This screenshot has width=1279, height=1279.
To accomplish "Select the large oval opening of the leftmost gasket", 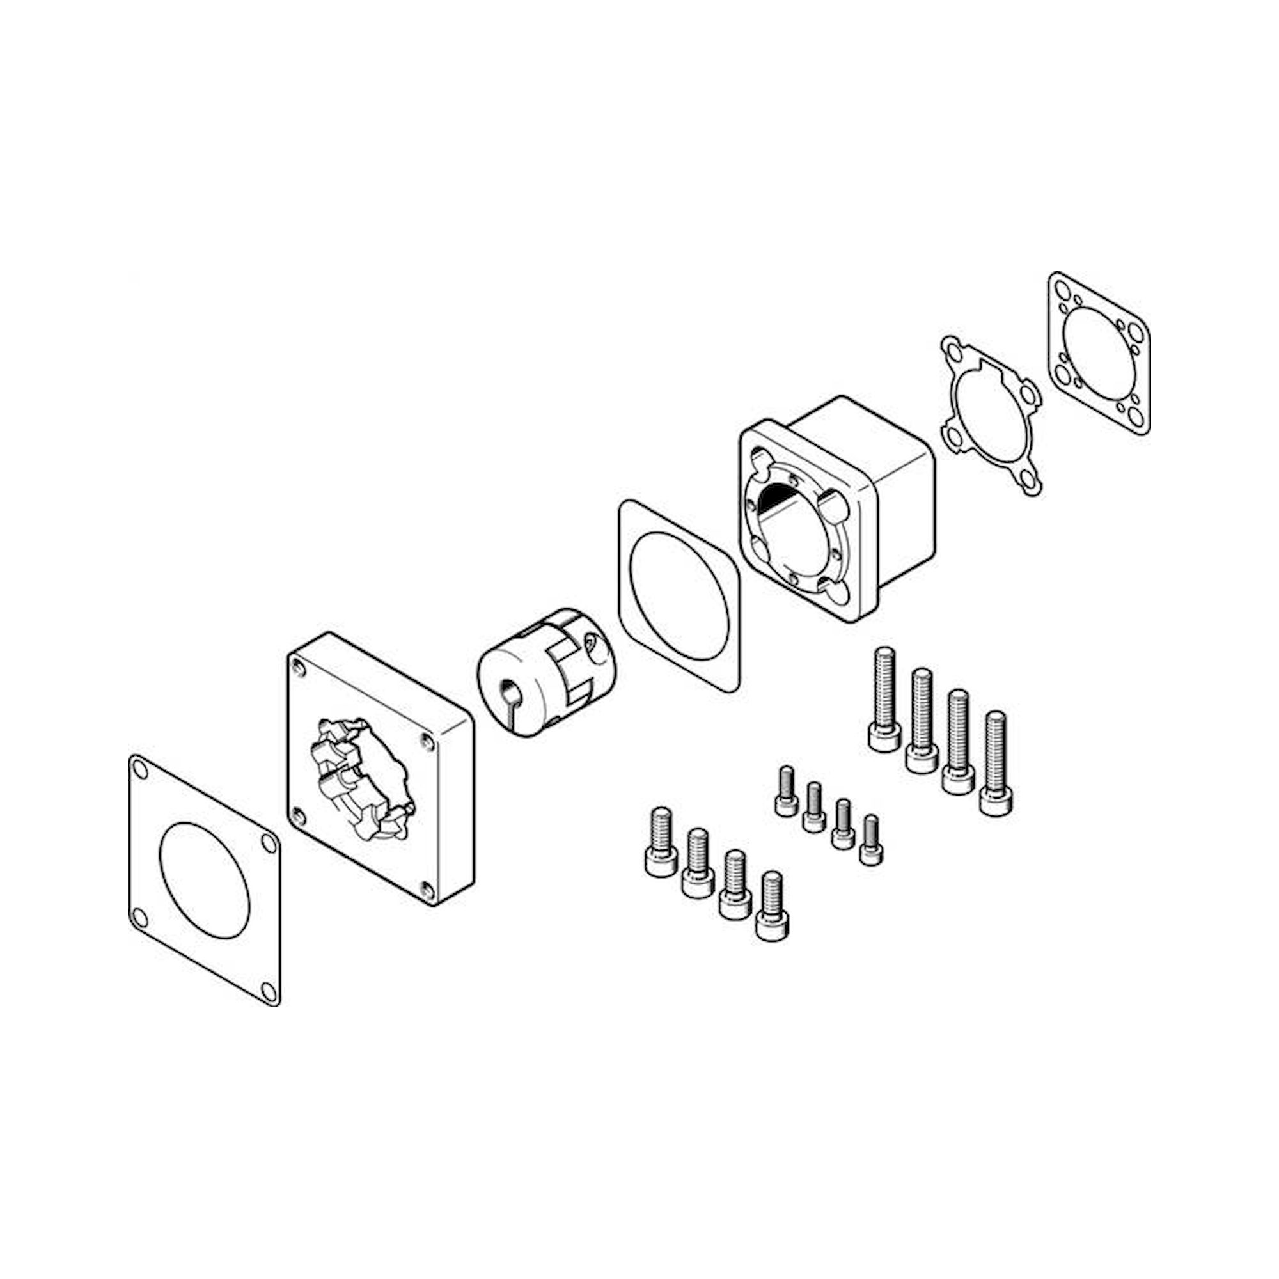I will (205, 880).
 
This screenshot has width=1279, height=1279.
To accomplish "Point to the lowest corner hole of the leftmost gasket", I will (268, 991).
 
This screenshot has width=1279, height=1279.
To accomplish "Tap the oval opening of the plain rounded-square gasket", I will (679, 595).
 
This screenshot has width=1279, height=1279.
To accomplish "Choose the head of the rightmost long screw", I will (996, 801).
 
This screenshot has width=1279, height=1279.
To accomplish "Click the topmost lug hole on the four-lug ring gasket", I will (951, 346).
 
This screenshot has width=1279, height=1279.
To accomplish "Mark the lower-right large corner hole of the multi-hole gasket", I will (1137, 416).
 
